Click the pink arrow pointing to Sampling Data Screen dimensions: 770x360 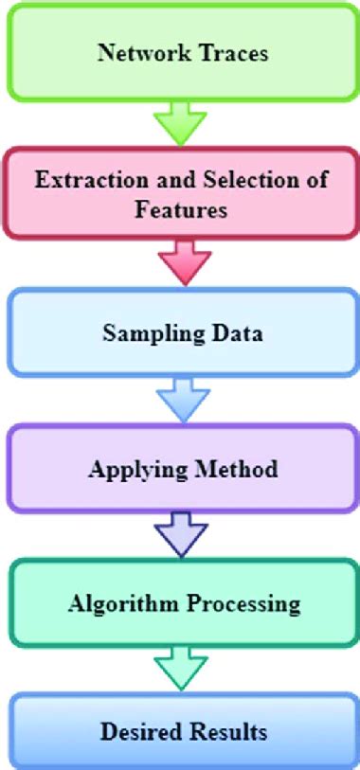pyautogui.click(x=180, y=261)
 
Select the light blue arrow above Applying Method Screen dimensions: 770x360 pyautogui.click(x=180, y=400)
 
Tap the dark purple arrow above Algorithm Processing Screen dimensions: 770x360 pyautogui.click(x=180, y=536)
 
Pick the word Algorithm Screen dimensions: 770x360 pyautogui.click(x=115, y=602)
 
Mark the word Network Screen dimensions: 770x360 pyautogui.click(x=140, y=52)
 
